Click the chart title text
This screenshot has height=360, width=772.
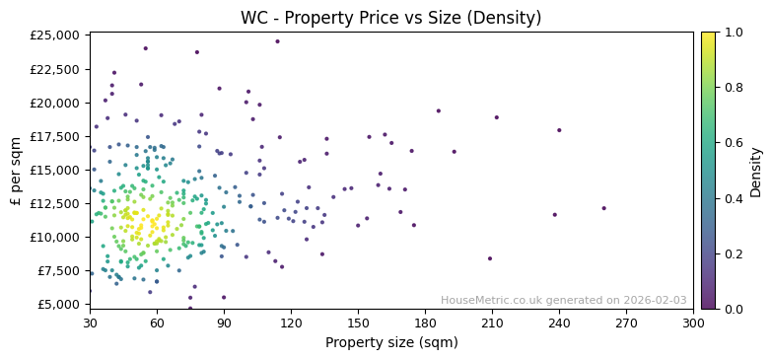(391, 18)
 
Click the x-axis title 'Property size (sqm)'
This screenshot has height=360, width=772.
(391, 343)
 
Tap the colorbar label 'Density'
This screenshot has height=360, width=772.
(756, 171)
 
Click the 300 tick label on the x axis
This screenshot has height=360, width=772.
(693, 323)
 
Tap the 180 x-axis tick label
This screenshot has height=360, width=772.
(425, 323)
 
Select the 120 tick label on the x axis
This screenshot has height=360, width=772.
(291, 323)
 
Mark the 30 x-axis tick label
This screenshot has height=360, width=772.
(90, 323)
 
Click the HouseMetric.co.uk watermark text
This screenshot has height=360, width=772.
(563, 300)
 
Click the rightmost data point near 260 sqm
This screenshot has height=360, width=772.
(603, 208)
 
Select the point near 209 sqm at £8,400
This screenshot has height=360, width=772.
(489, 258)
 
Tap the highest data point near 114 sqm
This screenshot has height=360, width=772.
(277, 41)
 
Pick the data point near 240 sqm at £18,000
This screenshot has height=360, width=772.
(559, 130)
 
